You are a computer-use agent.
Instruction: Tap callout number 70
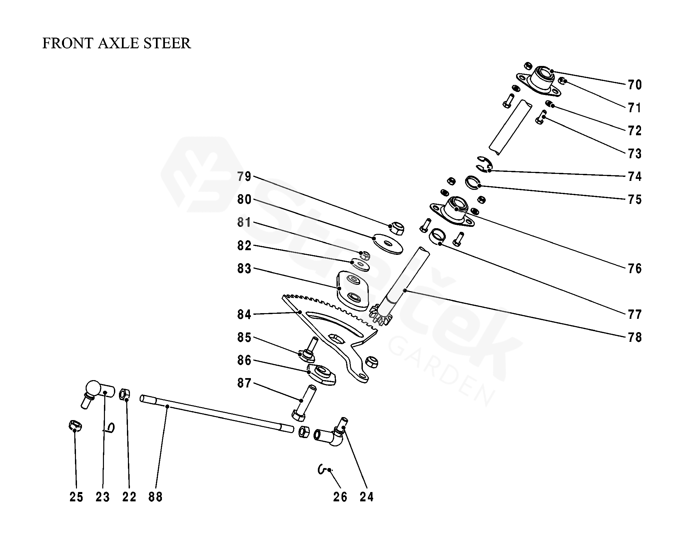point(634,85)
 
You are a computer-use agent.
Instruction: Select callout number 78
point(634,337)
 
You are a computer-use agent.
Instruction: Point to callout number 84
point(244,314)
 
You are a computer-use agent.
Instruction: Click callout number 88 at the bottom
point(155,497)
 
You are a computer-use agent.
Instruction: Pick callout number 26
point(340,497)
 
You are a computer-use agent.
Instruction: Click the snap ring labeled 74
point(484,165)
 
